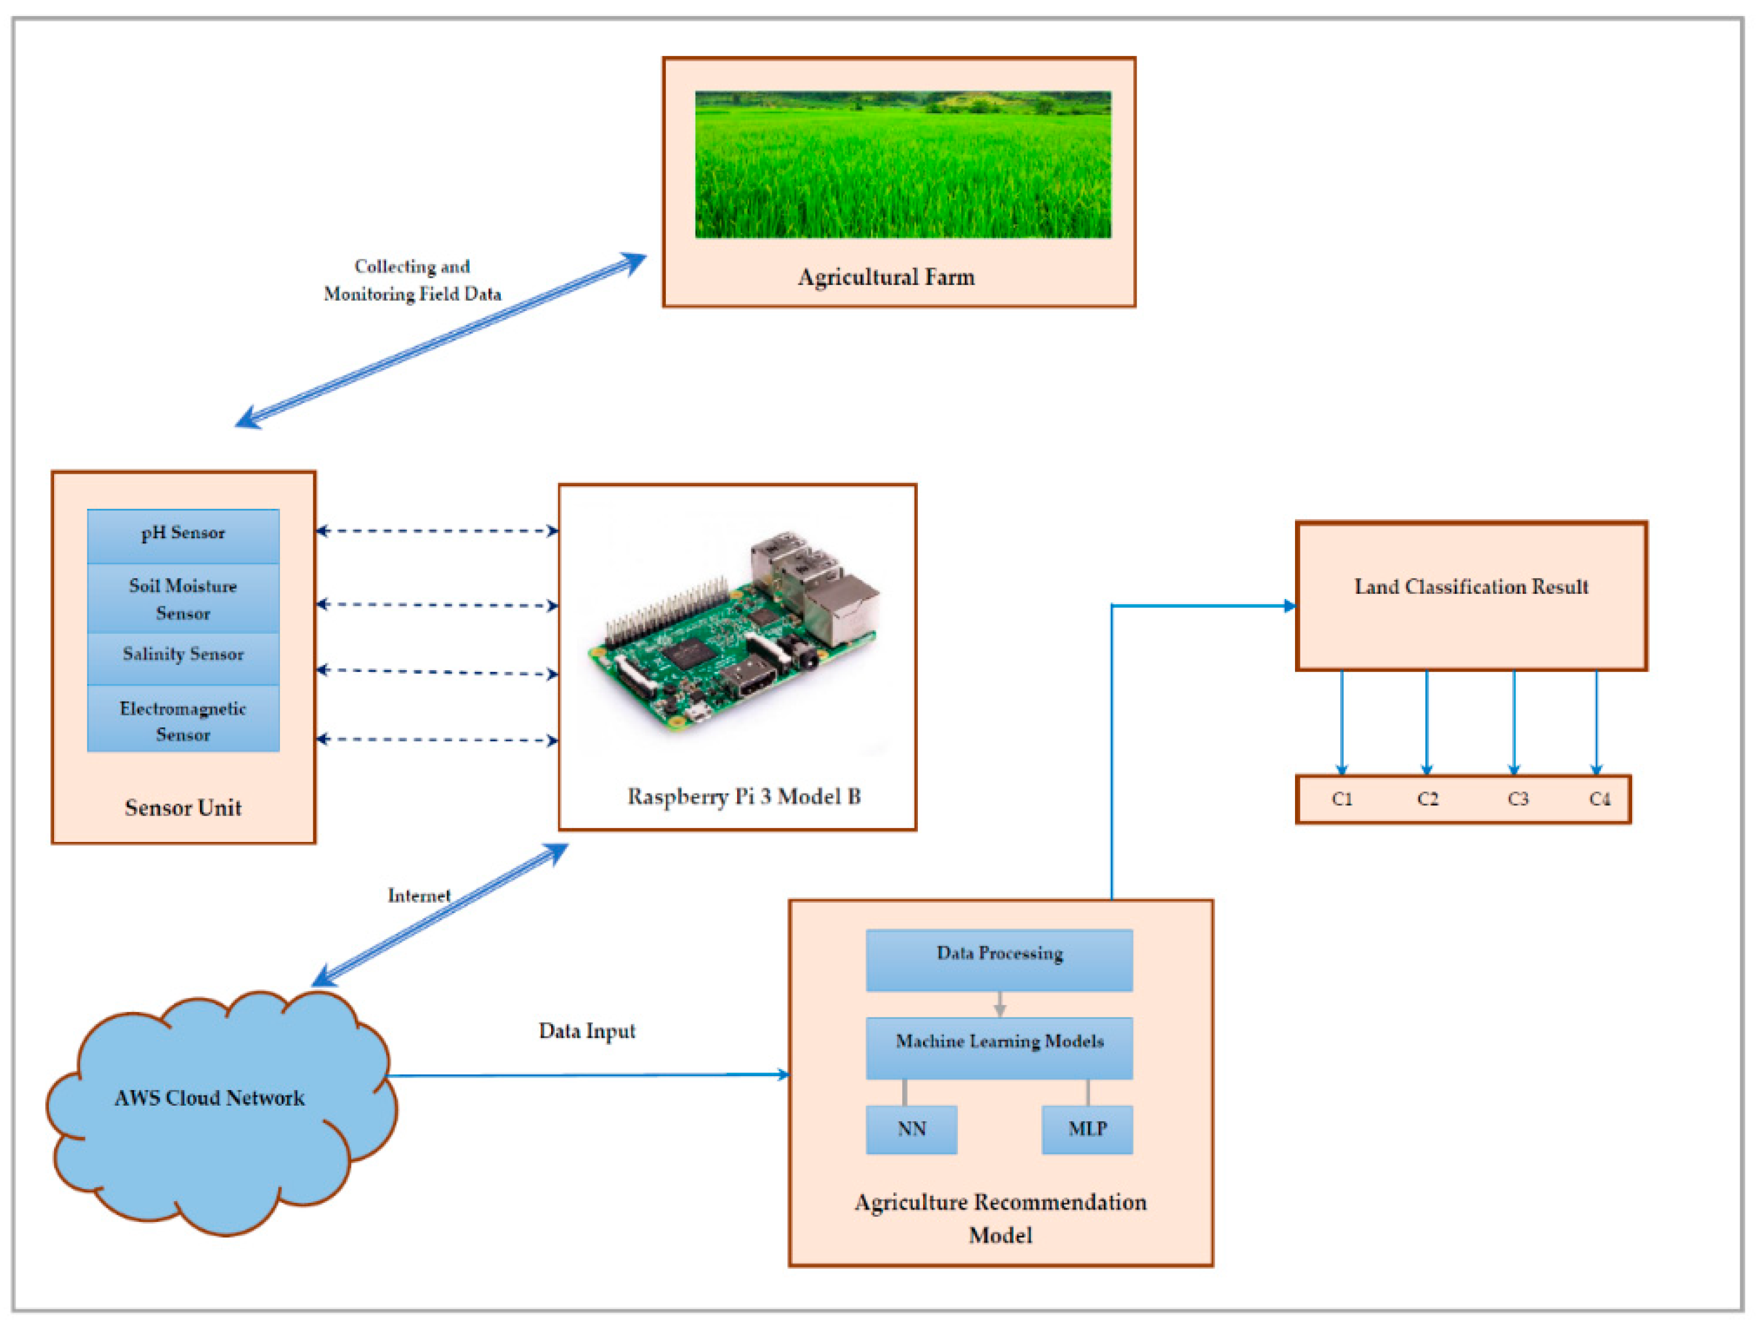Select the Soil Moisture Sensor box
click(183, 599)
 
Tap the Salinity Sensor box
click(183, 656)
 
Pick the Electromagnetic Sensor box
click(183, 720)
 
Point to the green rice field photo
click(902, 165)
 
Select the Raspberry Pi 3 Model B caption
click(743, 796)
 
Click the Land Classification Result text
click(1471, 587)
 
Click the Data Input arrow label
click(587, 1031)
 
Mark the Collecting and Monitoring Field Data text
click(412, 280)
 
